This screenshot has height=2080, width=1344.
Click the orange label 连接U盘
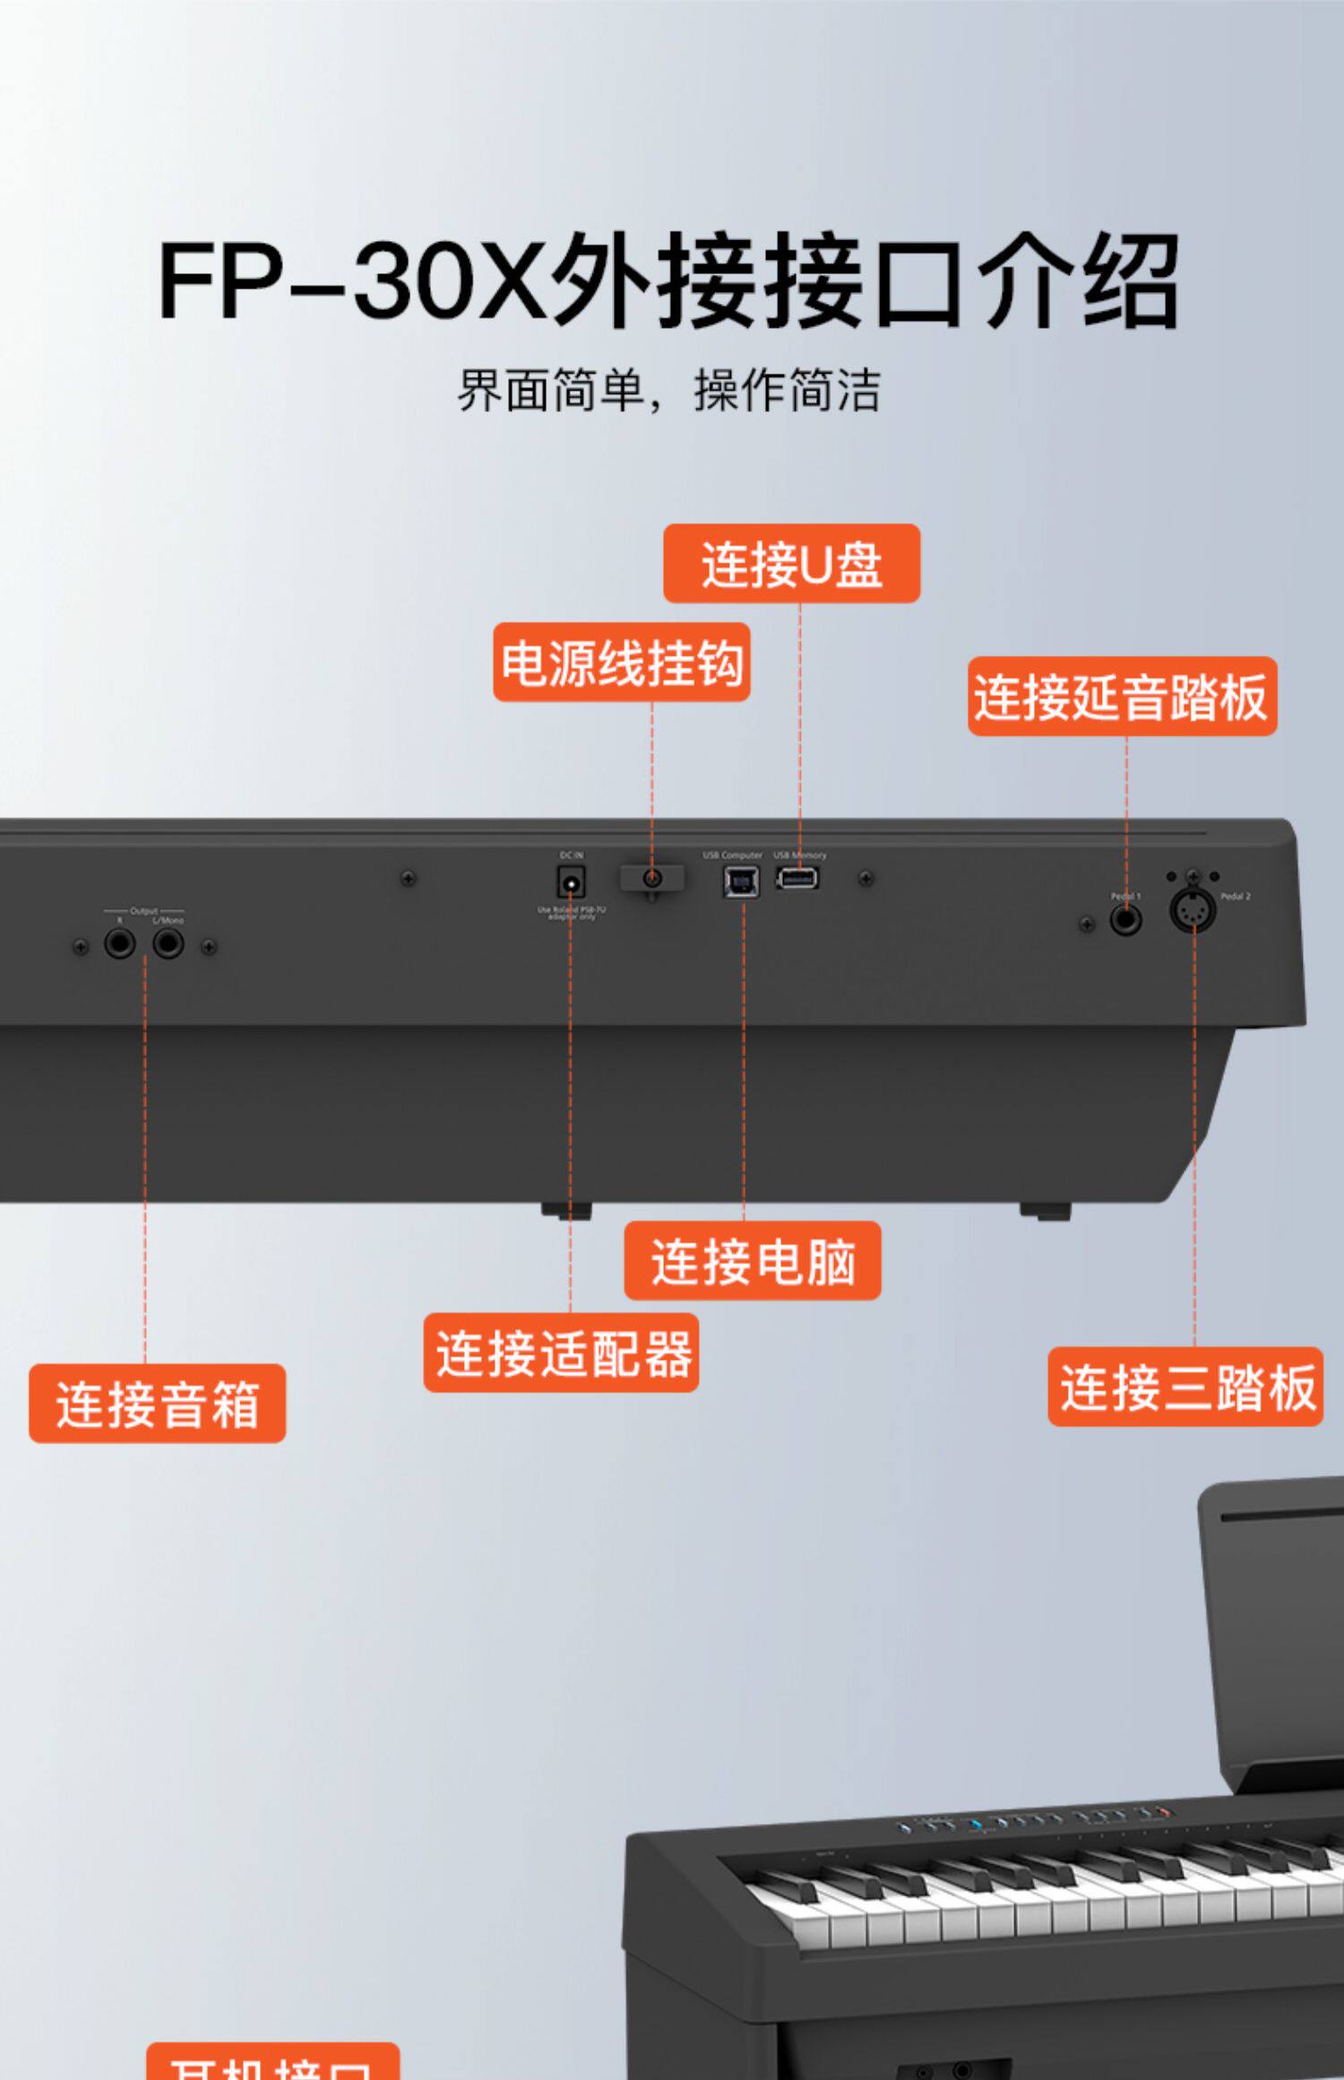click(791, 563)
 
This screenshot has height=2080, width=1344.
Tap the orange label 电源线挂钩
click(621, 662)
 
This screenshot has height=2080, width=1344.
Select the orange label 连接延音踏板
click(1122, 697)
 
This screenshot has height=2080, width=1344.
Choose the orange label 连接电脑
click(752, 1260)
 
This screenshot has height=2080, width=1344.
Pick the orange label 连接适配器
click(561, 1353)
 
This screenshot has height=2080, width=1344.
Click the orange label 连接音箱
click(157, 1404)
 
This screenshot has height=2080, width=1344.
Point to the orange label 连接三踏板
click(1185, 1387)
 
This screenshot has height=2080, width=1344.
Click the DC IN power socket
click(571, 883)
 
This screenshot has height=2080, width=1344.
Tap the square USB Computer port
click(741, 882)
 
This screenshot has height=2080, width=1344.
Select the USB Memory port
click(797, 879)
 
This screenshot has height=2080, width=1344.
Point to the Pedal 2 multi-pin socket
click(1193, 911)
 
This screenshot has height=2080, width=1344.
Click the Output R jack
click(119, 943)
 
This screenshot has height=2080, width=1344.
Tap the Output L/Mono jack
click(168, 943)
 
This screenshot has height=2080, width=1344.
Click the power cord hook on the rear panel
click(652, 879)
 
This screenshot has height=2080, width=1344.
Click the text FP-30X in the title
click(351, 280)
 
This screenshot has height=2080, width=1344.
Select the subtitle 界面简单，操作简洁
click(669, 391)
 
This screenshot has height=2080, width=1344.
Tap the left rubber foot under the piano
click(566, 1210)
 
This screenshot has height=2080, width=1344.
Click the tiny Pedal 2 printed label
click(1235, 896)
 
